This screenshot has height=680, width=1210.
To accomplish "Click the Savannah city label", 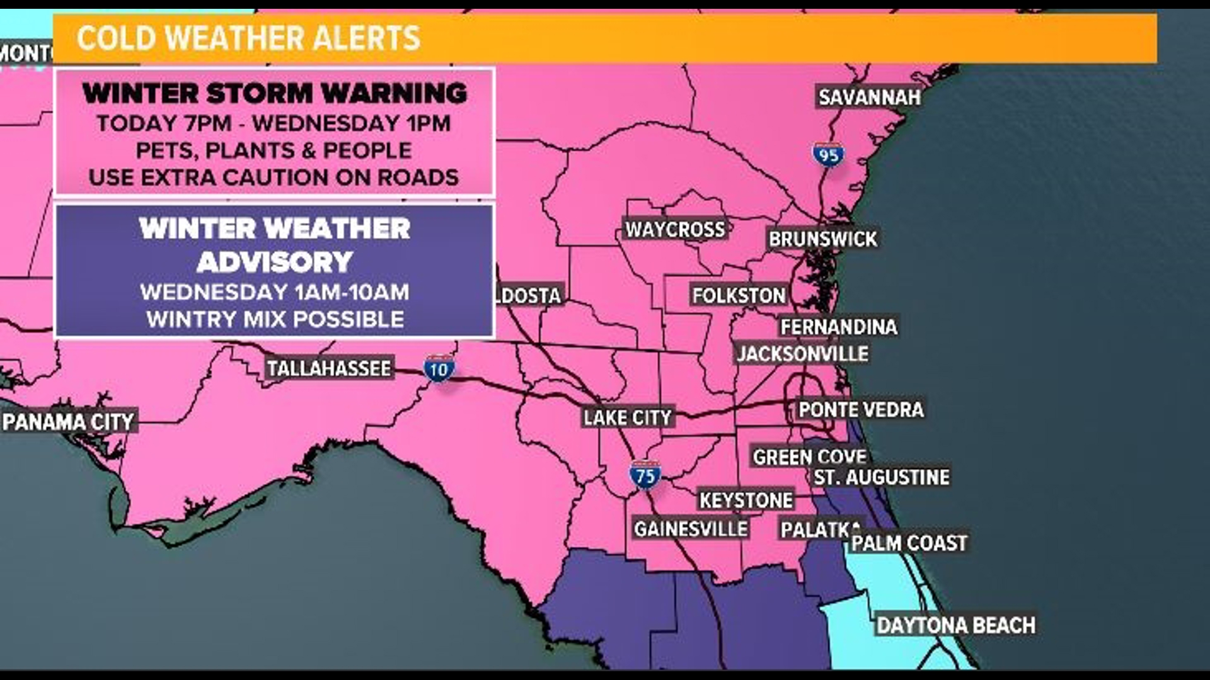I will (x=869, y=97).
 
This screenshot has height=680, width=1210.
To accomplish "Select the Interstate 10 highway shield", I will (x=439, y=370).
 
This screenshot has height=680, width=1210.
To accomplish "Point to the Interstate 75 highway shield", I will (x=645, y=475).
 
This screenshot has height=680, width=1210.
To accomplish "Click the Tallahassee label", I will (x=328, y=368).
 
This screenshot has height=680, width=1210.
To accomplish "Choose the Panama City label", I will (x=69, y=421).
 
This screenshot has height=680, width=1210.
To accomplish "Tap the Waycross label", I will (x=675, y=229).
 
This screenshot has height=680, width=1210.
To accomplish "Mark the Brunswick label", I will (x=822, y=239).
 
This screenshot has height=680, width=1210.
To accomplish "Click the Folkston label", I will (x=739, y=295).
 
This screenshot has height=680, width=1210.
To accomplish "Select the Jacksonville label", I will (x=802, y=354).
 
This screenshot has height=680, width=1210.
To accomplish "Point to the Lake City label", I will (x=628, y=417).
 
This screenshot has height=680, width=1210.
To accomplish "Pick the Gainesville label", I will (x=691, y=529).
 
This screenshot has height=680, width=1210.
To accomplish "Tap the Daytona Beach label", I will (x=956, y=625).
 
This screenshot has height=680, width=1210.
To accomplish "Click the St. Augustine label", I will (x=881, y=477).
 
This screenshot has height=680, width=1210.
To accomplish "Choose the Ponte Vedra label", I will (x=861, y=409).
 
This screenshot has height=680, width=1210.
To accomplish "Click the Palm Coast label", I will (x=909, y=543).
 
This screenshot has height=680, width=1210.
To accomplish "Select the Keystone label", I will (x=746, y=501).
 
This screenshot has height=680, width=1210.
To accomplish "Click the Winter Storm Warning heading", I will (x=275, y=94).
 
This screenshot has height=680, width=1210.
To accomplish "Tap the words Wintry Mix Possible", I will (x=275, y=319).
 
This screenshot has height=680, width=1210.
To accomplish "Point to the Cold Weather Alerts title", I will (x=248, y=38).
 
